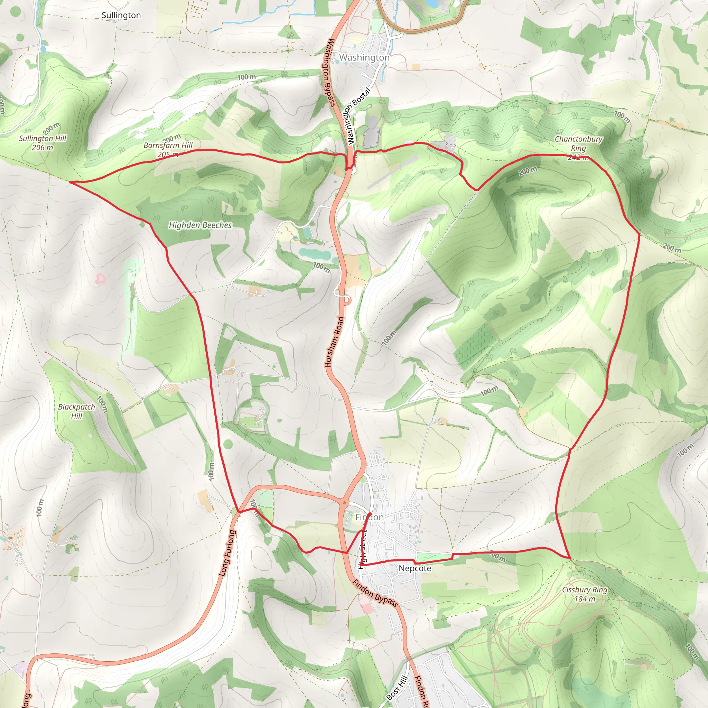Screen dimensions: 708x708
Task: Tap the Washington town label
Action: pyautogui.click(x=364, y=57)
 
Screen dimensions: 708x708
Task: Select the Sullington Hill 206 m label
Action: pyautogui.click(x=43, y=143)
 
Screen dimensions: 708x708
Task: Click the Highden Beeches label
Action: pyautogui.click(x=200, y=225)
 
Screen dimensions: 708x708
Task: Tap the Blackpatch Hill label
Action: pyautogui.click(x=77, y=411)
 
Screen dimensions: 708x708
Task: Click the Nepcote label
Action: pyautogui.click(x=415, y=568)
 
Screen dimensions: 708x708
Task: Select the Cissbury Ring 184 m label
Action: pyautogui.click(x=585, y=594)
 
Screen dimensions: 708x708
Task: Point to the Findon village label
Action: pyautogui.click(x=370, y=517)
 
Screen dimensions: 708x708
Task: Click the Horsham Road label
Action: pyautogui.click(x=334, y=342)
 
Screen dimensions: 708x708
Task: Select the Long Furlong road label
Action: pyautogui.click(x=227, y=553)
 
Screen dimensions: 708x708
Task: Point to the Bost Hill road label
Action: pyautogui.click(x=397, y=688)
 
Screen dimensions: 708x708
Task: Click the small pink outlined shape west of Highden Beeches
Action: pyautogui.click(x=100, y=279)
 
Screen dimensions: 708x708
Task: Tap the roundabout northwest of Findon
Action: pyautogui.click(x=344, y=502)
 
